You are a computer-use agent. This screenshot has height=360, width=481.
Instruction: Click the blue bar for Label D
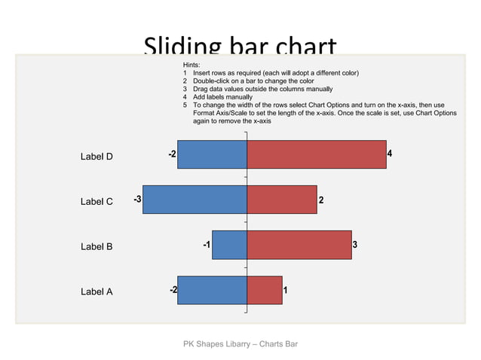212,154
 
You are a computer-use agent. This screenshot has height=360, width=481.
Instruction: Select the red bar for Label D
317,154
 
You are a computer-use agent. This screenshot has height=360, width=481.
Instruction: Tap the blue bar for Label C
195,200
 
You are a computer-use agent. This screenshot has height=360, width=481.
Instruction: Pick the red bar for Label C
282,200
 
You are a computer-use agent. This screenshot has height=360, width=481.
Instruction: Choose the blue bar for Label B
229,245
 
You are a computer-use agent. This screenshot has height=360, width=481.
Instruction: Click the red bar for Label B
299,245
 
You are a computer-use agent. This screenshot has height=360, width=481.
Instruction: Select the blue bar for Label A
212,290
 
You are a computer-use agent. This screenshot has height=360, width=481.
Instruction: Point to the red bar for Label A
265,290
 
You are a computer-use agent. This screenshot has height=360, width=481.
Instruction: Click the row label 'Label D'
97,157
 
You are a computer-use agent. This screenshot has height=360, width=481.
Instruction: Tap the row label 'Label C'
97,202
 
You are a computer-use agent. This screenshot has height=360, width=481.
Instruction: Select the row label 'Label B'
97,246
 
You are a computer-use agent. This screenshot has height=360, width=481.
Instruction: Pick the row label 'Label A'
97,291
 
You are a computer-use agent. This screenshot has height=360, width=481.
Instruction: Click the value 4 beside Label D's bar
390,154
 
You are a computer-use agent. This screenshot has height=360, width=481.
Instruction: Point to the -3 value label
137,200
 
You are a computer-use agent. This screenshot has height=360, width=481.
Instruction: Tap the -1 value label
207,245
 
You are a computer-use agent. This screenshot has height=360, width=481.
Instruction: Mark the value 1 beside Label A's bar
286,290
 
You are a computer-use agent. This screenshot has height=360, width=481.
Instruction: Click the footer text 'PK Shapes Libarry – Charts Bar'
240,344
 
